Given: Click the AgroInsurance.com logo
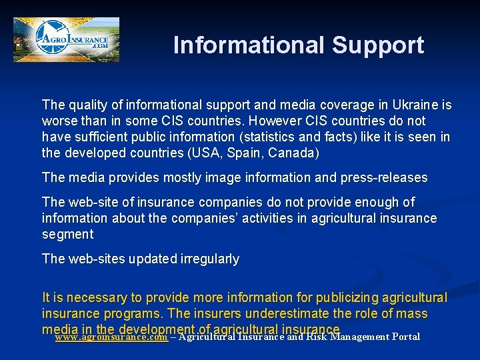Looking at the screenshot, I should coord(66,40).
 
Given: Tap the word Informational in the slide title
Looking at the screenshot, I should coord(249,45).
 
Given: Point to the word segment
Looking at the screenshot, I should coord(67,234).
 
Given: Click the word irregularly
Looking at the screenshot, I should coord(207,259).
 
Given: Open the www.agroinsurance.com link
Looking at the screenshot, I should coord(111,337).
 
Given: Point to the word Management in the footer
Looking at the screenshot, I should coord(357,337).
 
